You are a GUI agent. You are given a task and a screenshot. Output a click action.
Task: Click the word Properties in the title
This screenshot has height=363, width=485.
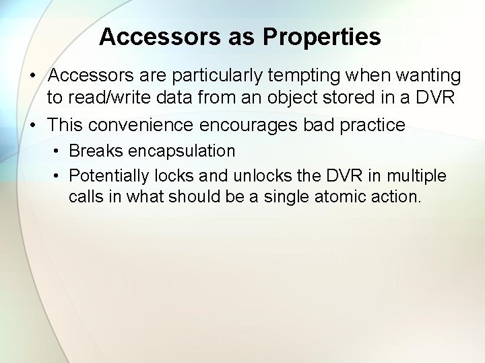[x=322, y=38]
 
